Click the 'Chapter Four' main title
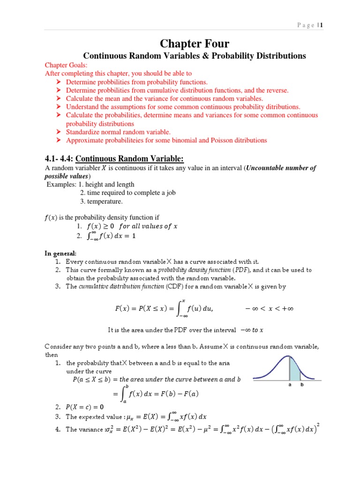click(x=195, y=44)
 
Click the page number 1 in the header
click(x=322, y=25)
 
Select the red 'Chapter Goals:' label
click(x=66, y=66)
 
